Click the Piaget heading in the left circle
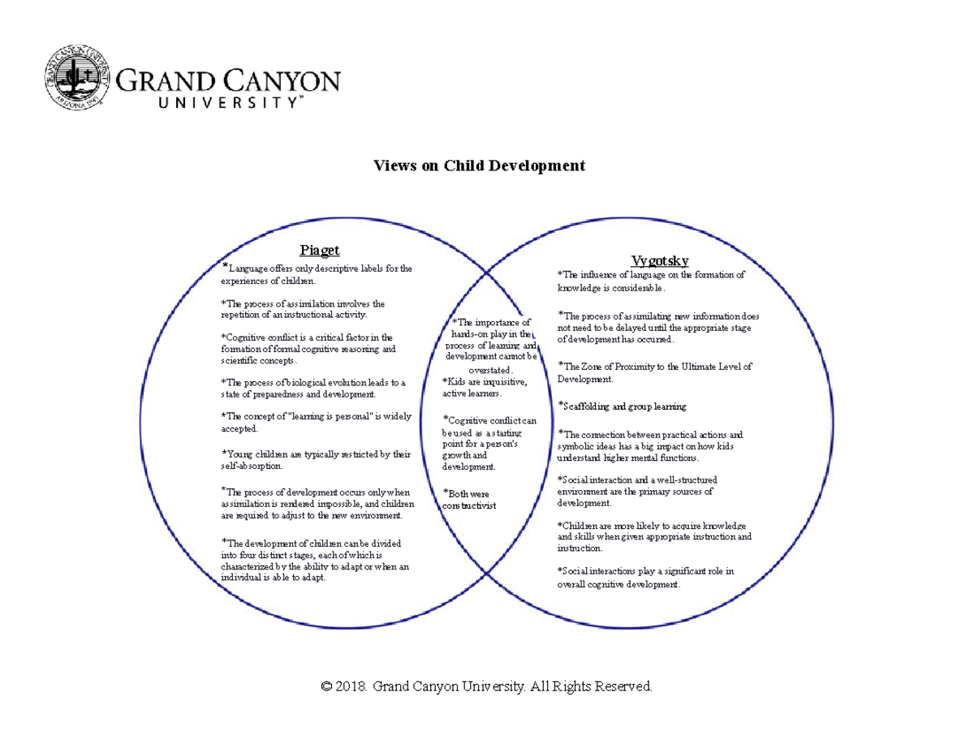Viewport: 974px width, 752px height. (x=319, y=250)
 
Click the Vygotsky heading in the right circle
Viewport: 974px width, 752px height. (x=660, y=260)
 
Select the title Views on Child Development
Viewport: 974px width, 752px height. (x=479, y=166)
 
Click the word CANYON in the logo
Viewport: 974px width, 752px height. (x=281, y=82)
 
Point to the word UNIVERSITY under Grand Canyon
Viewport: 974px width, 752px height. (x=210, y=103)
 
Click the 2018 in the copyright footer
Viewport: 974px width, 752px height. (x=351, y=687)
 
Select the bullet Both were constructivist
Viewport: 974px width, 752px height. (x=469, y=500)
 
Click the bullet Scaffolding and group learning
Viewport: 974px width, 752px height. (x=622, y=406)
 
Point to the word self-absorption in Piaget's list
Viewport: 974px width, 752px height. (x=252, y=466)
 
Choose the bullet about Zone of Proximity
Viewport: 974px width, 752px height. (x=654, y=372)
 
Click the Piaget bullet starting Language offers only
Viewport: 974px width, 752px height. (x=317, y=274)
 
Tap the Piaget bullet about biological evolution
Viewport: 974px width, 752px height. (x=312, y=389)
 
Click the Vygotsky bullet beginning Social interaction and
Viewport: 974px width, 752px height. (x=637, y=492)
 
